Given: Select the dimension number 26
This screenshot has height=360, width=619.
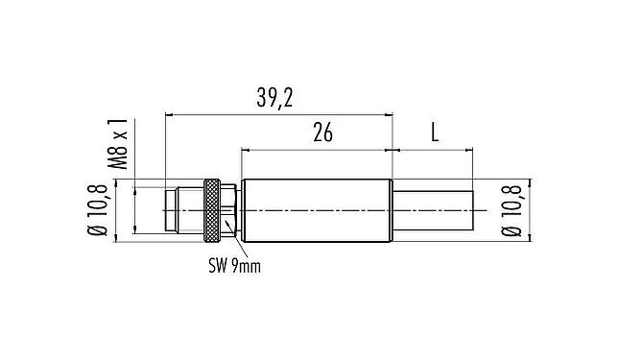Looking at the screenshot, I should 322,133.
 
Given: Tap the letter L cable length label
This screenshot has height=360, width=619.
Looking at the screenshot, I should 434,133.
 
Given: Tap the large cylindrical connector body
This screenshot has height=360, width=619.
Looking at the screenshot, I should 317,207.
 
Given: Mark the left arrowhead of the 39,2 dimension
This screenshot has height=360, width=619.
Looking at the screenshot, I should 169,114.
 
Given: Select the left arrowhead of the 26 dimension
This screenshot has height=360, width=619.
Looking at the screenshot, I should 245,150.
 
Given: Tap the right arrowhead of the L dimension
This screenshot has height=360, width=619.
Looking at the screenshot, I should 470,150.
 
